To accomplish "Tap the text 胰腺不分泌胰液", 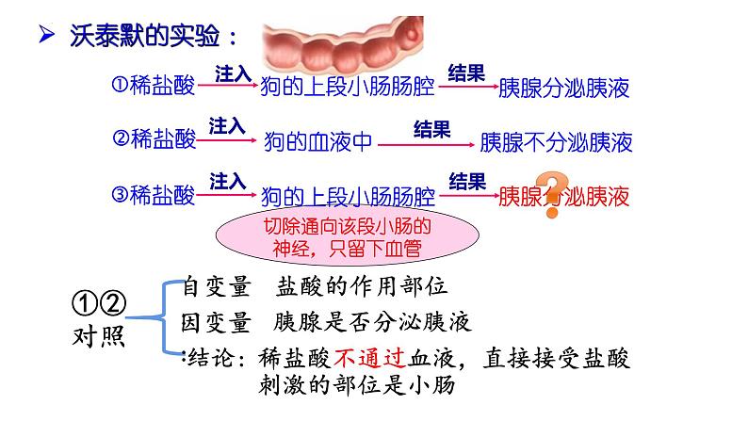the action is [x=555, y=142].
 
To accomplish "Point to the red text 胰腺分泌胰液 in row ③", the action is [x=562, y=197].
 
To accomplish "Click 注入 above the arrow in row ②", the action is [x=227, y=125].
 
